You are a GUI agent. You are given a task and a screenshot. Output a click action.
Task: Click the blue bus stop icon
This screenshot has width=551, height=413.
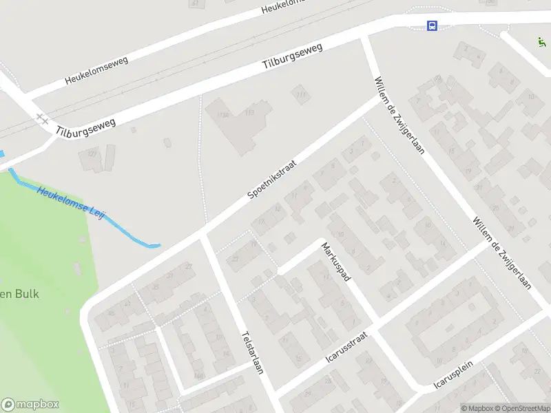click(432, 26)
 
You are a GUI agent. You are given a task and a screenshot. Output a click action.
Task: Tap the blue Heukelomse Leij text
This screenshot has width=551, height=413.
click(71, 203)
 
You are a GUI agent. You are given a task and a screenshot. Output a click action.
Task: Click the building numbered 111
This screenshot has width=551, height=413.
click(300, 95)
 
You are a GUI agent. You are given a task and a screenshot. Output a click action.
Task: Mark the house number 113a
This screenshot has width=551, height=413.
click(222, 114)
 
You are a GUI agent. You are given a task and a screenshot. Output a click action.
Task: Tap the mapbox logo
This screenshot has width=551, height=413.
click(30, 405)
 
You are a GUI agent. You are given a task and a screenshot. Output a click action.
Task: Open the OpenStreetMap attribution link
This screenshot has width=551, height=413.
click(519, 408)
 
